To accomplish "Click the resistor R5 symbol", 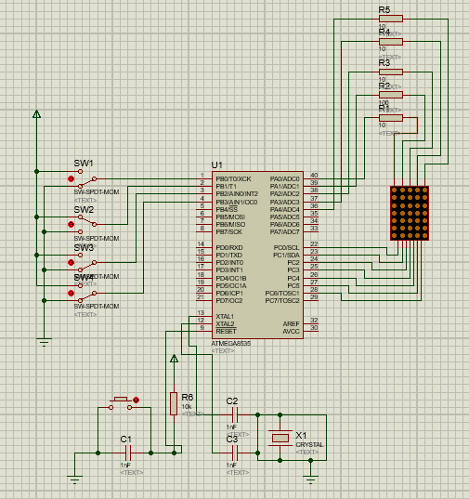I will pyautogui.click(x=390, y=19).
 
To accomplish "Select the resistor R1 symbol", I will pyautogui.click(x=390, y=117).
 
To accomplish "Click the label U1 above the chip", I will pyautogui.click(x=216, y=164).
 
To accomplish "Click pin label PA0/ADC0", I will pyautogui.click(x=284, y=178).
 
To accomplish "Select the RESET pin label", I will pyautogui.click(x=226, y=331).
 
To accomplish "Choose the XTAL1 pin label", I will pyautogui.click(x=225, y=316).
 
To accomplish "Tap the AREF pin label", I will pyautogui.click(x=292, y=323).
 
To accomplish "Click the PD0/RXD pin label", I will pyautogui.click(x=229, y=247).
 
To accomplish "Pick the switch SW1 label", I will pyautogui.click(x=84, y=164).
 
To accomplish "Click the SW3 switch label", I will pyautogui.click(x=84, y=248).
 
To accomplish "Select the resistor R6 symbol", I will pyautogui.click(x=174, y=403).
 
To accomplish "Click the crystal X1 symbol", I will pyautogui.click(x=279, y=438).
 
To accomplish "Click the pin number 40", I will pyautogui.click(x=314, y=176).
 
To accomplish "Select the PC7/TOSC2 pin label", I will pyautogui.click(x=282, y=300).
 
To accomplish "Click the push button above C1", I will pyautogui.click(x=121, y=402).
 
